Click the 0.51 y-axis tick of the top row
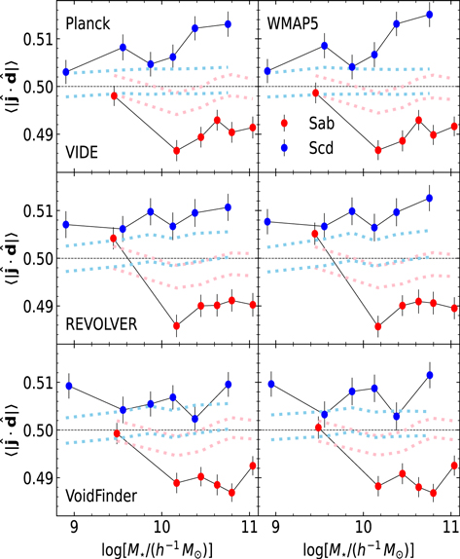(35, 39)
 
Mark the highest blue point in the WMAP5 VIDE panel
(430, 15)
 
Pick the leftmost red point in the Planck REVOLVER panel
(114, 239)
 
